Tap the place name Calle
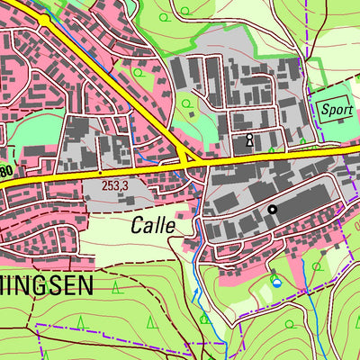[x=152, y=225]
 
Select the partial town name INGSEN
[x=58, y=286]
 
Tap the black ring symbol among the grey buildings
[x=272, y=210]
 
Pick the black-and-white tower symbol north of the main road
[x=249, y=140]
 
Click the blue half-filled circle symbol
[x=276, y=282]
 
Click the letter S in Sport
[x=324, y=107]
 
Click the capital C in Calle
[x=136, y=225]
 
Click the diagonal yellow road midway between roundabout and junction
[x=117, y=90]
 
